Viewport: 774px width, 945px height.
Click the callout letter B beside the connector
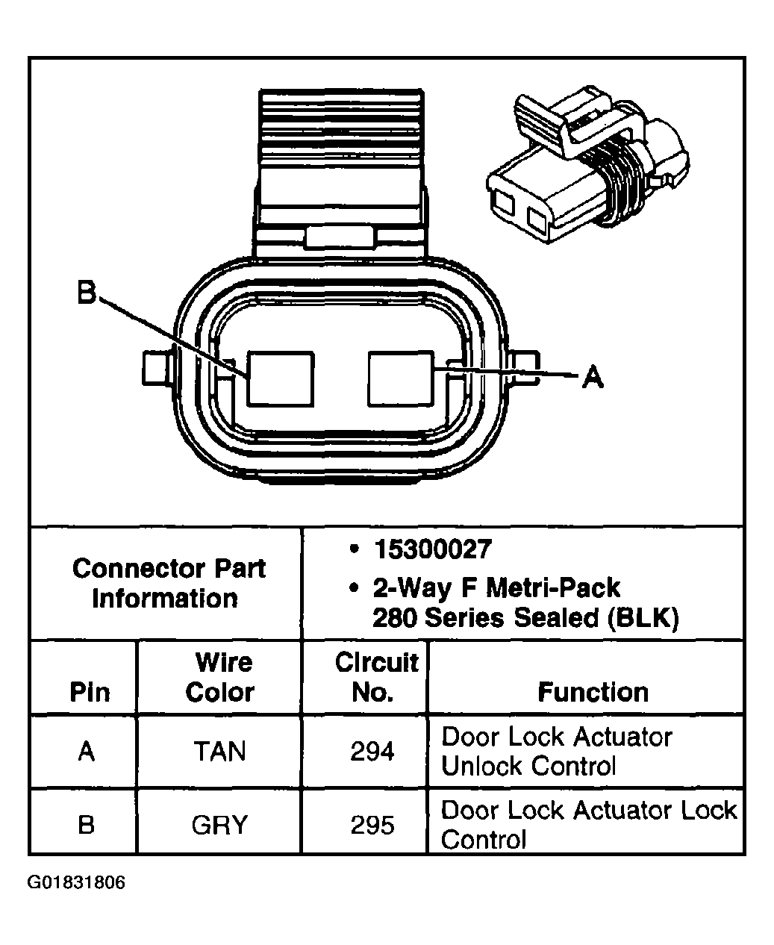87,293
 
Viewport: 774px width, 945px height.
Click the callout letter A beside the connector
592,377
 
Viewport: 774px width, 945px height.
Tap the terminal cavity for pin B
280,378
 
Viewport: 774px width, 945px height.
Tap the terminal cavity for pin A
401,378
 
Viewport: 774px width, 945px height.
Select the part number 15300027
433,550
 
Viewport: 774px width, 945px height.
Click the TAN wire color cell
219,751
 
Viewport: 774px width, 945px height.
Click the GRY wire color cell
219,825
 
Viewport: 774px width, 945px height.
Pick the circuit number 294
372,751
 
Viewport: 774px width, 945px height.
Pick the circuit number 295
372,825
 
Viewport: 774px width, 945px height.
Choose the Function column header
593,692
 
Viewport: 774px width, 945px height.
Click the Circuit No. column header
375,677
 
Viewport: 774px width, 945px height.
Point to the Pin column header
90,692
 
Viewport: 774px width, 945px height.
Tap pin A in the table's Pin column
87,751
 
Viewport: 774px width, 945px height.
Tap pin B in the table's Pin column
87,825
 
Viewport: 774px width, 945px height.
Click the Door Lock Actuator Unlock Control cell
557,751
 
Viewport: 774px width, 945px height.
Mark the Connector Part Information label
168,583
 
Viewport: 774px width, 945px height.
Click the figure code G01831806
77,883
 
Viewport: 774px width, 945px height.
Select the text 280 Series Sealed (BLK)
525,618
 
